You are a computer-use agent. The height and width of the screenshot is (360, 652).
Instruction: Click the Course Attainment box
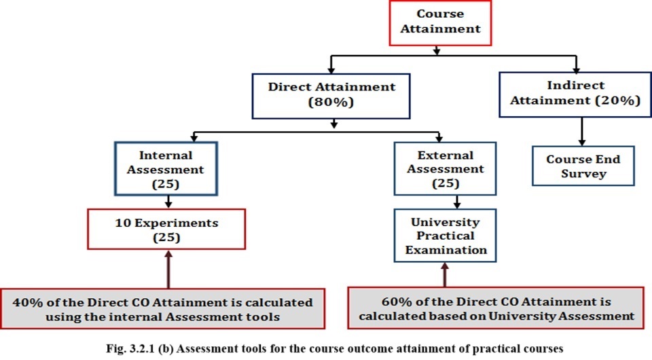440,23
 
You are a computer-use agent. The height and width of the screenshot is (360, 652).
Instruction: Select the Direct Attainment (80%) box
331,96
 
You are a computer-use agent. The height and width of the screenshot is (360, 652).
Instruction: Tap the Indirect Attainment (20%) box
575,94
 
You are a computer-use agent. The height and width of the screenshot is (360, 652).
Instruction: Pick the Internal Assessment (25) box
166,168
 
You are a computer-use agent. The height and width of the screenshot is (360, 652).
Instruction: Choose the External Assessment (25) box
445,168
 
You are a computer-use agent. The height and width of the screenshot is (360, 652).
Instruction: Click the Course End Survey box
583,166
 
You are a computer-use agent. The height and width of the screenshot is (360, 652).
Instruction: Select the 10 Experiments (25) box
166,229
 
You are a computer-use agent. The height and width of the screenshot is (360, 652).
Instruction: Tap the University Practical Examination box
445,236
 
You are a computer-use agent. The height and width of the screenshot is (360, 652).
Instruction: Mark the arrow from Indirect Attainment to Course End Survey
582,131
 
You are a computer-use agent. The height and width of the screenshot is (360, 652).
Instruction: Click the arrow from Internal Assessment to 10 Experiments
168,202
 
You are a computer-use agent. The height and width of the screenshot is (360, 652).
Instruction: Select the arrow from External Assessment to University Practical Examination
457,202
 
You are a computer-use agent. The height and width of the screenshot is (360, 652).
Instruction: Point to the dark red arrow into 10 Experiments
168,269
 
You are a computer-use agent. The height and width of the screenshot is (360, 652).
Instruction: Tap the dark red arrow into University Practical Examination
444,275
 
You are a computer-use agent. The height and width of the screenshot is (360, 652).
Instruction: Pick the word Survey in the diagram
583,173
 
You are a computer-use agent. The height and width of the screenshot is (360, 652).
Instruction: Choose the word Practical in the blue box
446,236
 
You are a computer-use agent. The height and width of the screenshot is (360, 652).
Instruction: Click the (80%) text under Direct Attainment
331,103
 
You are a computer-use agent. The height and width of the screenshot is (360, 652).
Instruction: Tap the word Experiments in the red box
177,223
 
